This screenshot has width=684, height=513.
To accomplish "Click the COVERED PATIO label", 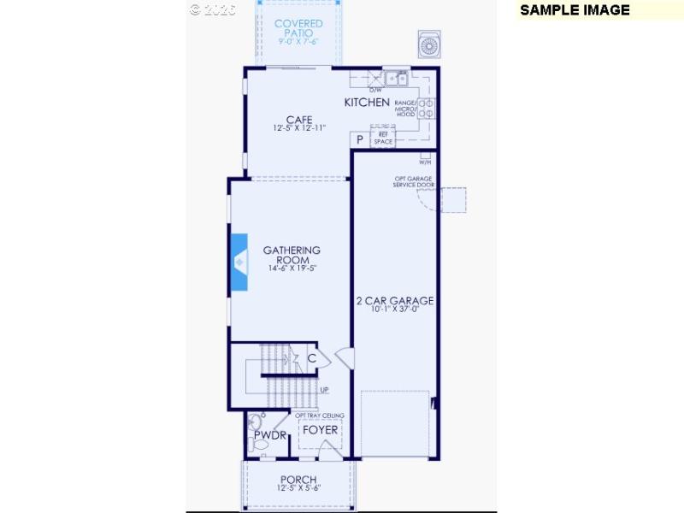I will point(298,30).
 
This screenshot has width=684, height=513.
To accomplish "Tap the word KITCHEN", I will point(367,103).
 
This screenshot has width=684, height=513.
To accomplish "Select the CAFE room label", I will point(298,120).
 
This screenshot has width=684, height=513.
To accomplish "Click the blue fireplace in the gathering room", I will point(239,262).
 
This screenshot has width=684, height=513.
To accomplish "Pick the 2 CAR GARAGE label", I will point(395,301).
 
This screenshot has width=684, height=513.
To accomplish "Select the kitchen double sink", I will point(396,79).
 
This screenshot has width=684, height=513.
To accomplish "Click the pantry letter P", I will point(360,139).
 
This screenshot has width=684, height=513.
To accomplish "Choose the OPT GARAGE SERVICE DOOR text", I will point(415,182).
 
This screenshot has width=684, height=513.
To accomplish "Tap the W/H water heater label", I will point(425,162).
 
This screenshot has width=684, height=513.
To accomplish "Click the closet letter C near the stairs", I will point(312,358).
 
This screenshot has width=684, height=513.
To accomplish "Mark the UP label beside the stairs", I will point(324,391).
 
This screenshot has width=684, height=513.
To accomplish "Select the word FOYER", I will point(321,429).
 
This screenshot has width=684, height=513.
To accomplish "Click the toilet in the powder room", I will point(254,423).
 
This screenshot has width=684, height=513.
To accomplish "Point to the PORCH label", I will point(298,480).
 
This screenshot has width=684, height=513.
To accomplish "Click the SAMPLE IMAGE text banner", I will point(575,10).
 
